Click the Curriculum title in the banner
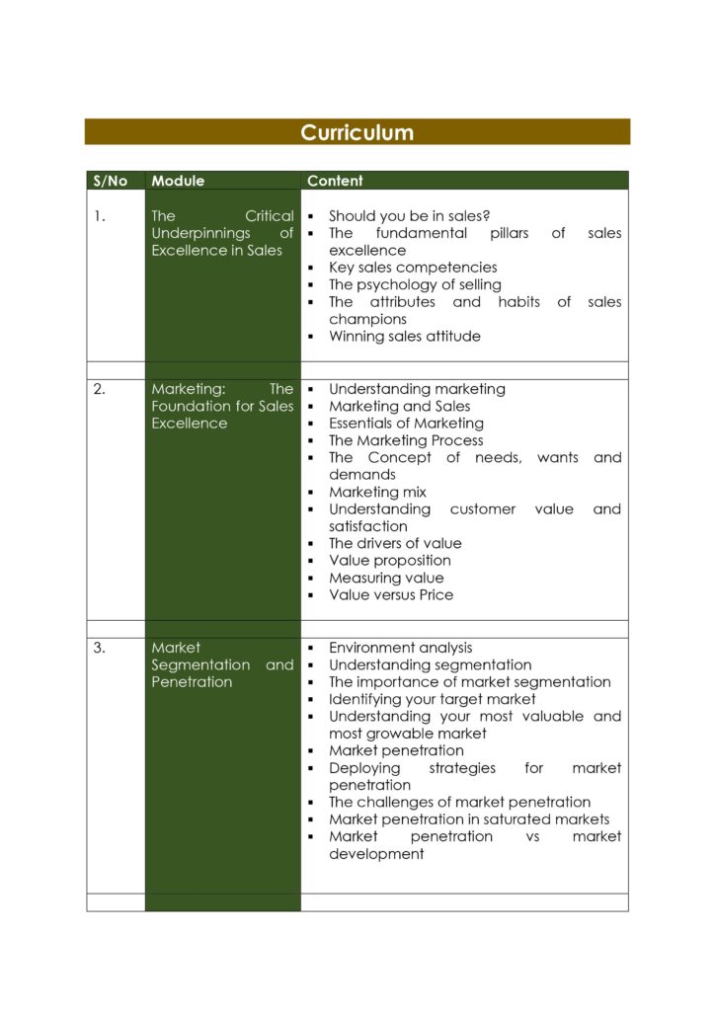coord(357,132)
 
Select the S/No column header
coord(110,181)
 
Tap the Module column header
coord(178,181)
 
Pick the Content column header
coord(335,181)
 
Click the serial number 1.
coord(100,216)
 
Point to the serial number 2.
coord(100,389)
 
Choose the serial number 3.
coord(100,648)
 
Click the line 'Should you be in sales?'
coord(409,216)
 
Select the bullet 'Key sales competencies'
coord(413,268)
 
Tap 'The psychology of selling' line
coord(415,284)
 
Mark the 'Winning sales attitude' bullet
coord(405,336)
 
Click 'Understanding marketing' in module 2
coord(417,389)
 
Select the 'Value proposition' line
coord(390,561)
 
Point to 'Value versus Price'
coord(391,594)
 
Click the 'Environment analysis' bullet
coord(400,648)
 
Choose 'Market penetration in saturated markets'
coord(469,819)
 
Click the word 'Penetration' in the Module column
coord(192,682)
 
